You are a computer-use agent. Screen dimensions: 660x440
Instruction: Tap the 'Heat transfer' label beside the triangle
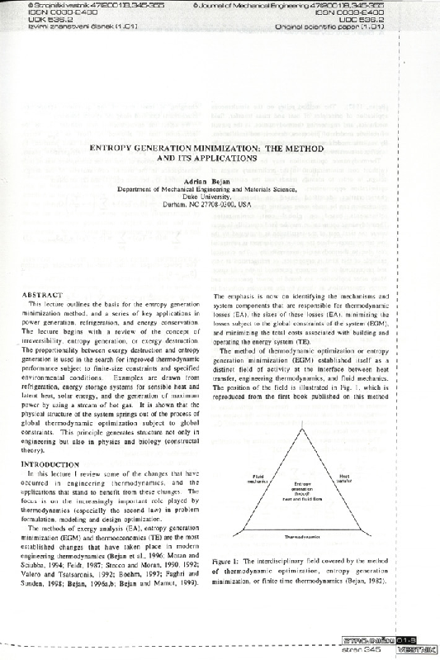pyautogui.click(x=344, y=477)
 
